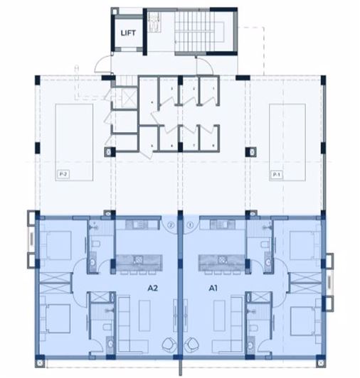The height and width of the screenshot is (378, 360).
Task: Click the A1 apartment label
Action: click(x=213, y=288)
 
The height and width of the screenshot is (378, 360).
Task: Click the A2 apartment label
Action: click(x=152, y=288)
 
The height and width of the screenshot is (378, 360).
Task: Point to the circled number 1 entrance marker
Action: click(x=189, y=227)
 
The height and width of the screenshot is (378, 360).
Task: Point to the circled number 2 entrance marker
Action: click(x=171, y=227)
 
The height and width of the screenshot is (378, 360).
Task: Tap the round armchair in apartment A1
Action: click(x=193, y=346)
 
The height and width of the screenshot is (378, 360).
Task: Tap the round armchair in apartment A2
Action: click(x=168, y=346)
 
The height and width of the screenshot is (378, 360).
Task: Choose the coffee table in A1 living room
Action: click(x=213, y=313)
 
